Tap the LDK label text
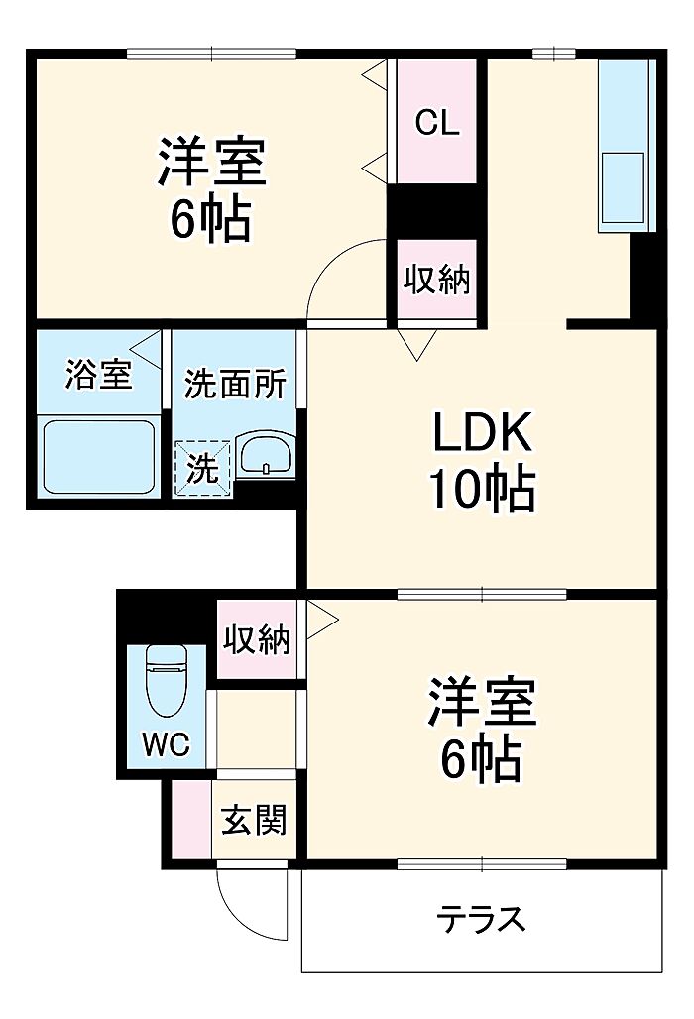[x=482, y=434]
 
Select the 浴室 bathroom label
[x=98, y=375]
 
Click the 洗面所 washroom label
[x=236, y=384]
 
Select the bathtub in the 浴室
[x=97, y=457]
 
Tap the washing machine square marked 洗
[x=203, y=468]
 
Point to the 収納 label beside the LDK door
[x=436, y=280]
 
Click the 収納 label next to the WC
[x=255, y=641]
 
